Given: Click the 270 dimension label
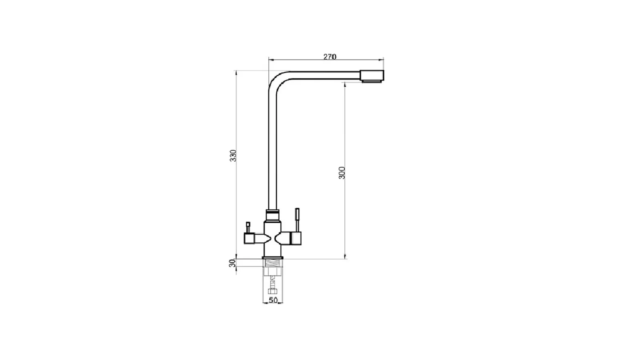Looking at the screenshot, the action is [x=330, y=57].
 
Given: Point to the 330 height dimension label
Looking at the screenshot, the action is [x=234, y=156].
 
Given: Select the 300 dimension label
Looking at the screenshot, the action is [x=342, y=173].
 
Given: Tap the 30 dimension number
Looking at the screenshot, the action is [x=232, y=263].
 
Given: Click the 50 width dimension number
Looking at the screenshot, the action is [x=273, y=300].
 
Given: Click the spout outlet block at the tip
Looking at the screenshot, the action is [x=372, y=76].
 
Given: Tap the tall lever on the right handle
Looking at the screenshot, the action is [x=297, y=220].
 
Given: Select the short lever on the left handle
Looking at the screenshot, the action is [x=248, y=228].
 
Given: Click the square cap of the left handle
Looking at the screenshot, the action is [x=249, y=238].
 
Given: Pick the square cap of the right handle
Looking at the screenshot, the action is [x=296, y=238].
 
